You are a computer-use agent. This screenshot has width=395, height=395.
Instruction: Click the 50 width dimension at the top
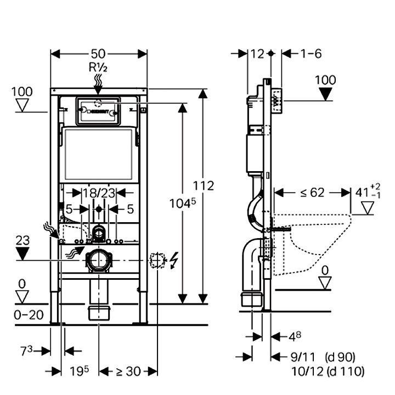(x=99, y=54)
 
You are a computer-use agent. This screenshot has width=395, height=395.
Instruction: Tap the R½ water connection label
(x=99, y=68)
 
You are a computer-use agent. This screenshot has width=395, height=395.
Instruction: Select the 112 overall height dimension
(x=204, y=186)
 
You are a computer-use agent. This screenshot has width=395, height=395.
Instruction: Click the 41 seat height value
(x=360, y=193)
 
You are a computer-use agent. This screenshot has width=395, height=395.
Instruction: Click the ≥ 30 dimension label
(x=128, y=371)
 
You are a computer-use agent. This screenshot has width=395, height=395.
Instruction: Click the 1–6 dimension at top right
(x=311, y=53)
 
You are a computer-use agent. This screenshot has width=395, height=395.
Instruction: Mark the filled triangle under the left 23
(x=22, y=254)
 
